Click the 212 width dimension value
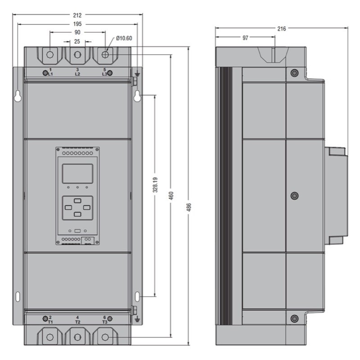pos(77,15)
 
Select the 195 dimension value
pos(77,24)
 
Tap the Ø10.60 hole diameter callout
pos(124,38)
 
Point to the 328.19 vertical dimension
pos(155,184)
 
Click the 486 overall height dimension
pos(189,207)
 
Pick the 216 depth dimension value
pos(282,29)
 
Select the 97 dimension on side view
pos(245,38)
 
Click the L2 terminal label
pos(77,74)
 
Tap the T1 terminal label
pos(50,322)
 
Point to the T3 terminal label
pos(105,322)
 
